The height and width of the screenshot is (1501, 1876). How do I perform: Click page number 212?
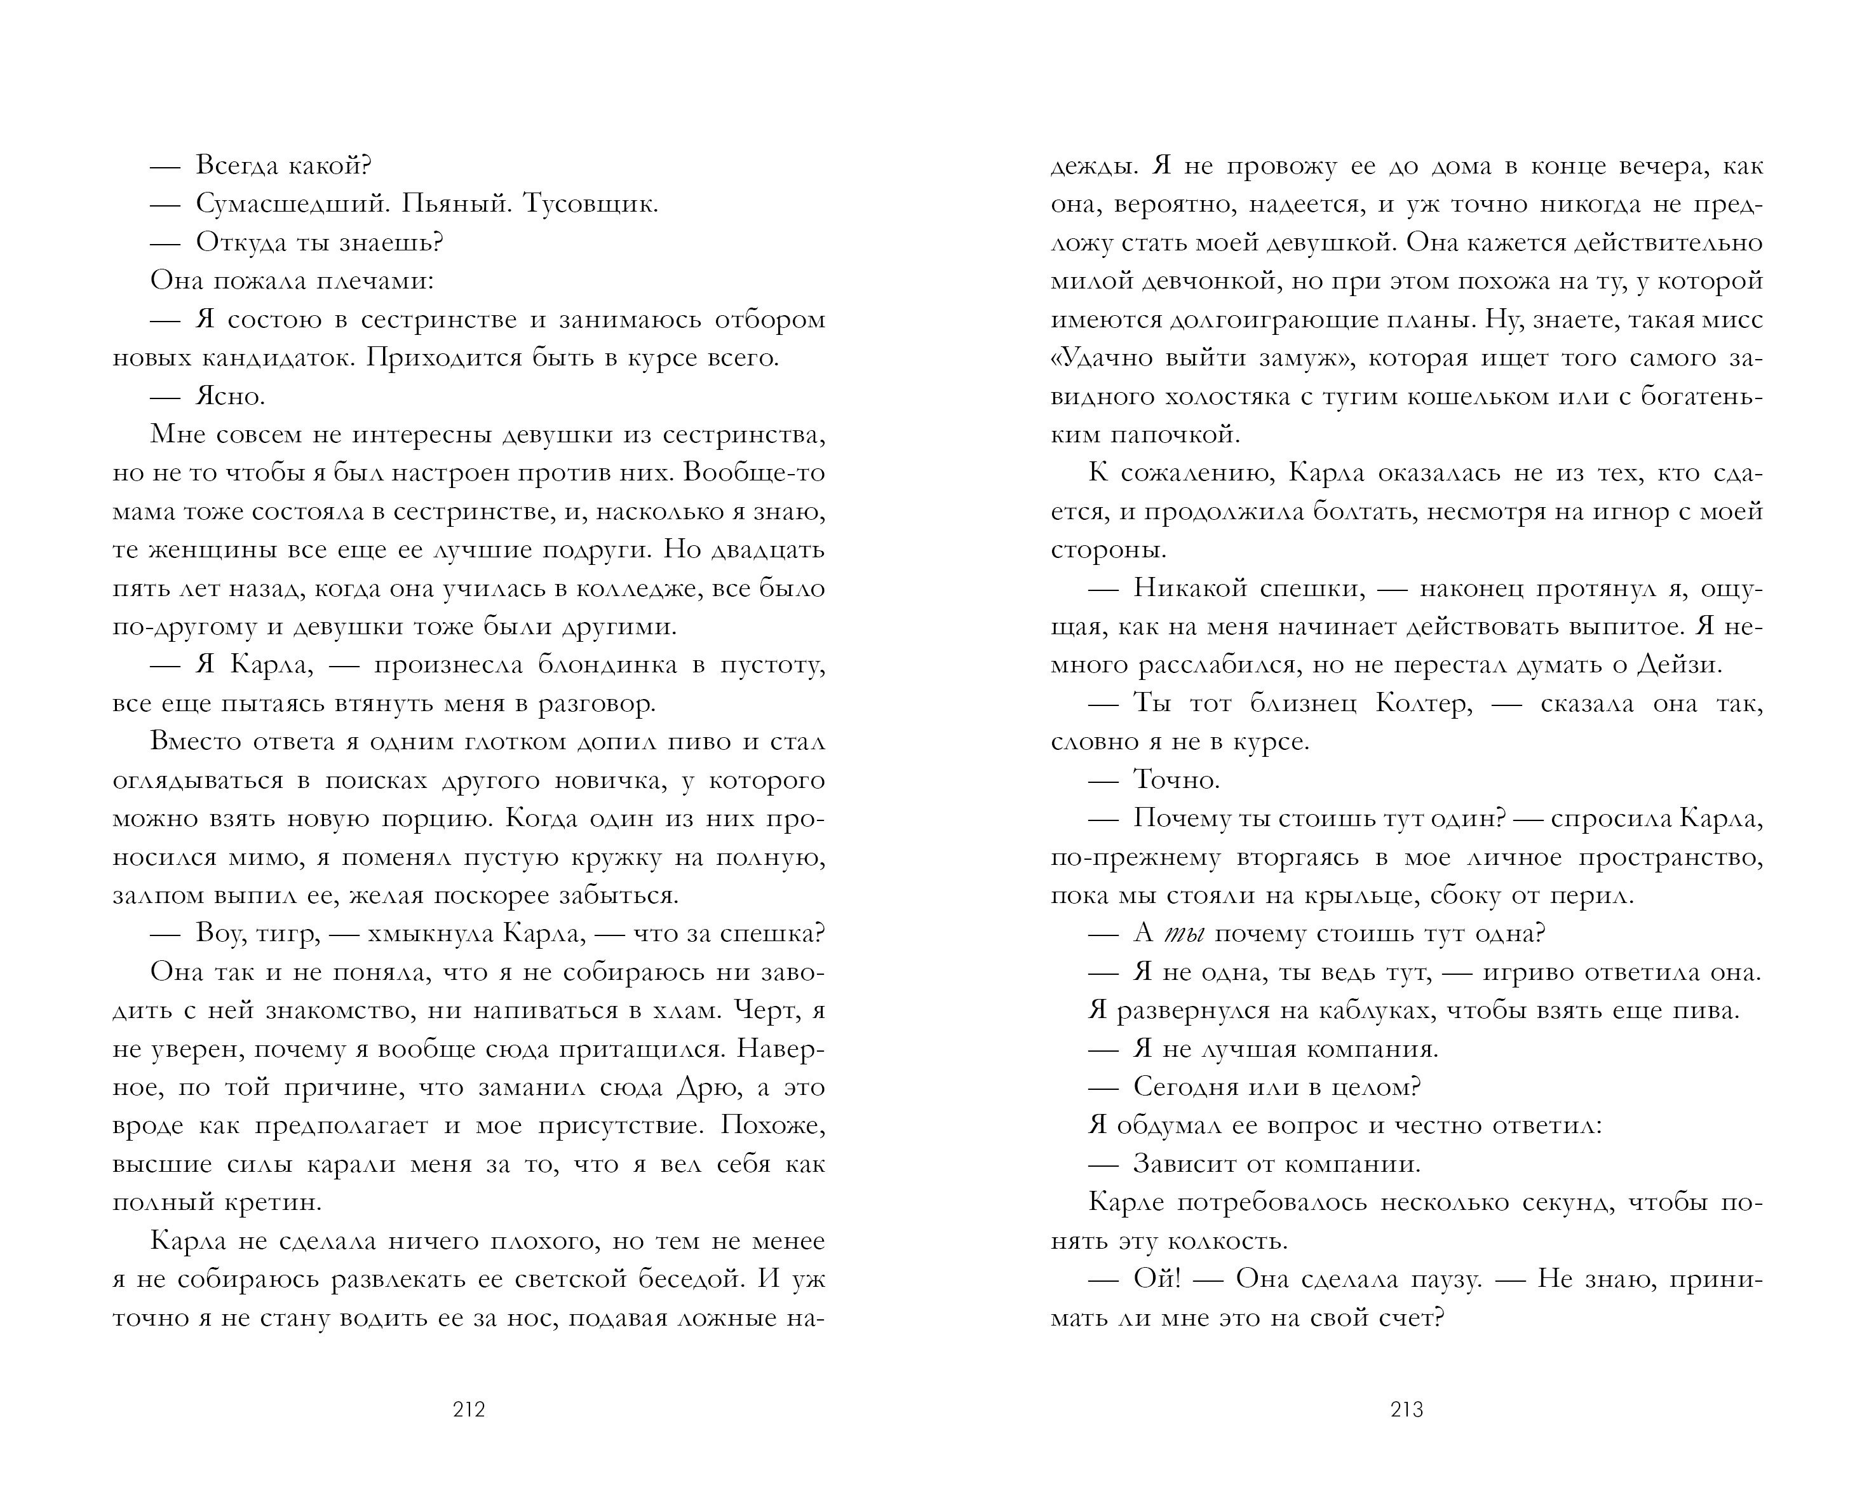tap(469, 1409)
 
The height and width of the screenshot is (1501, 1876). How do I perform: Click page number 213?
tap(1407, 1409)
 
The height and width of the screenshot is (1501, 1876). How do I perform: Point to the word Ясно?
tap(230, 397)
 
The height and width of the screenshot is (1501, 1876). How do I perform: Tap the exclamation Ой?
tap(1157, 1280)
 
